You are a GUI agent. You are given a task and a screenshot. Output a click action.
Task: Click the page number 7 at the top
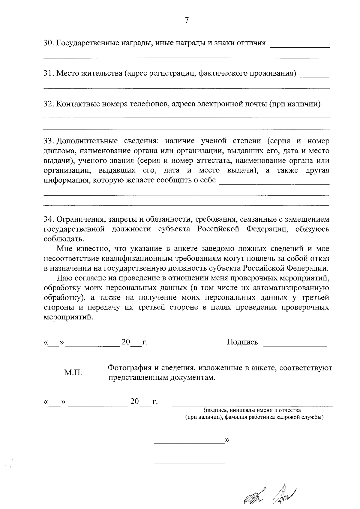187,20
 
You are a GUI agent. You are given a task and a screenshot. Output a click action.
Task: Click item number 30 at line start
49,43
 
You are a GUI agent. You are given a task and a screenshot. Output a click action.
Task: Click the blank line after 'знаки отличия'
300,47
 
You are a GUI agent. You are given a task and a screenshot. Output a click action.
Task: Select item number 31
49,73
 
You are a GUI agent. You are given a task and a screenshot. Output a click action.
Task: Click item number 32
49,104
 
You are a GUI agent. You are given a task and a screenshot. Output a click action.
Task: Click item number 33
49,141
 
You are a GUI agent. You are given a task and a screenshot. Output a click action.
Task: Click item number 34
49,219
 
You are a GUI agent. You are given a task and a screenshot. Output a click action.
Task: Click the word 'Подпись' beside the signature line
242,342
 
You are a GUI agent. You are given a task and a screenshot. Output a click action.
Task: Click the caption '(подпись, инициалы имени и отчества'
252,410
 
